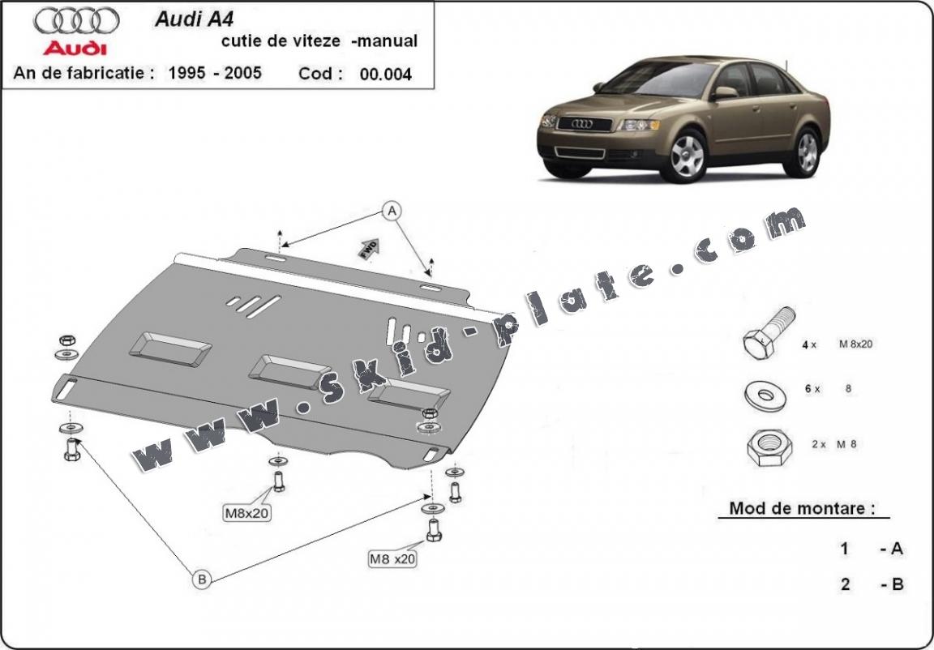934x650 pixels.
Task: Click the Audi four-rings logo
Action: [78, 20]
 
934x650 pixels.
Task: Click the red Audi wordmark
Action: [75, 47]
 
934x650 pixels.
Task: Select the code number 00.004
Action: [385, 74]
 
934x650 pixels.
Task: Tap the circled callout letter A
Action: [392, 212]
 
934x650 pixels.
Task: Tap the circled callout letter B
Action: [202, 579]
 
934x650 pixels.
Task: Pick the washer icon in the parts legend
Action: [763, 395]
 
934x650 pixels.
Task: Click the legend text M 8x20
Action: [855, 344]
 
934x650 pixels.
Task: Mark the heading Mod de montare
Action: [802, 509]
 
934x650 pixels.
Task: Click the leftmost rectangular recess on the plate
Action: [170, 346]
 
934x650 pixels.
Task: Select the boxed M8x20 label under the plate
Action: [247, 512]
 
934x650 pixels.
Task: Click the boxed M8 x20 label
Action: [392, 558]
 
